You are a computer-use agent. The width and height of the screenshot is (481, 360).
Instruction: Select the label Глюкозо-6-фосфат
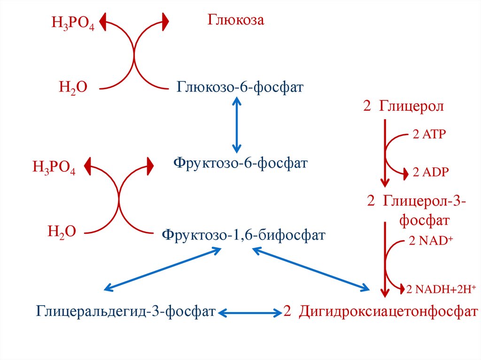click(240, 87)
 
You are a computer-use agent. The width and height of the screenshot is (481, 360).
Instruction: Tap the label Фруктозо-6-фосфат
click(240, 164)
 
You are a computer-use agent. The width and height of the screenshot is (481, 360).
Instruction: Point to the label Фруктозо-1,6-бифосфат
click(243, 234)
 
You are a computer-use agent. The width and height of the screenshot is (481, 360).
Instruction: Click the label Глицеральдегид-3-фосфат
click(126, 311)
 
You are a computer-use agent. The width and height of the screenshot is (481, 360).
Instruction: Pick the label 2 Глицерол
click(403, 107)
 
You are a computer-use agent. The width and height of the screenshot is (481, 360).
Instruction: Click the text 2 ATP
click(429, 134)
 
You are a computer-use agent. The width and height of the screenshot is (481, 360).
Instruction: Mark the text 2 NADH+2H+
click(441, 289)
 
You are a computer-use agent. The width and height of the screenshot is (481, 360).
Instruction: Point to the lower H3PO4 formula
click(54, 168)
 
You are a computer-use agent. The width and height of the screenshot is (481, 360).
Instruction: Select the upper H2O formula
click(73, 87)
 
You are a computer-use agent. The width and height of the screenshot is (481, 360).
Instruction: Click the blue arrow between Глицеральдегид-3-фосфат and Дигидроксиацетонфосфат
click(249, 311)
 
